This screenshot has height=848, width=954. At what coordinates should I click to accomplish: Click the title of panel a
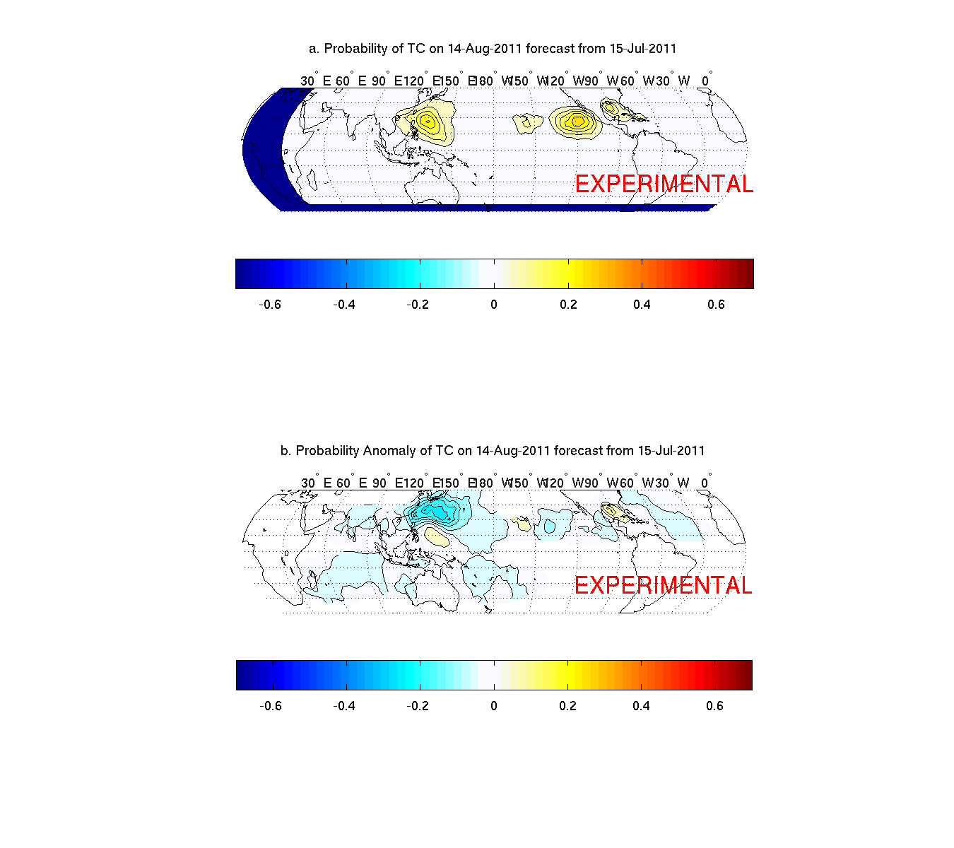(x=493, y=49)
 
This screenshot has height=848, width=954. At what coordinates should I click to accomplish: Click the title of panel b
(x=493, y=451)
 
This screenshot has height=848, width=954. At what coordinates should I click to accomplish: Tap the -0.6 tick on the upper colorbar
(x=270, y=305)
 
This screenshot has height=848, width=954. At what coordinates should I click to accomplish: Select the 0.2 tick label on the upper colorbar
(x=568, y=305)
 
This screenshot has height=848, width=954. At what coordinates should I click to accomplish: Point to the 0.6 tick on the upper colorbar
(x=716, y=305)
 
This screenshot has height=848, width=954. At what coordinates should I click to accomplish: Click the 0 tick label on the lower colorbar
(x=494, y=706)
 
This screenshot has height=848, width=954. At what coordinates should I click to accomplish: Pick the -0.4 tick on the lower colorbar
(x=344, y=706)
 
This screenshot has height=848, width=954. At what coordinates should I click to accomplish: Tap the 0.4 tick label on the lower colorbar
(x=641, y=706)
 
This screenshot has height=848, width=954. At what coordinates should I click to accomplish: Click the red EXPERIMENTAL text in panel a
(x=664, y=184)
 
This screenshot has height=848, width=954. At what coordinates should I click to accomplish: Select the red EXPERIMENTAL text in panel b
(x=664, y=585)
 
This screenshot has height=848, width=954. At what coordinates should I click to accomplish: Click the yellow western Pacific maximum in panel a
(x=427, y=122)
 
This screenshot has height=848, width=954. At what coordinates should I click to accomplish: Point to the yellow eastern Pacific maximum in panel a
(x=578, y=122)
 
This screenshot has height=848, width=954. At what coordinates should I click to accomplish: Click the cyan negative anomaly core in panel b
(x=432, y=510)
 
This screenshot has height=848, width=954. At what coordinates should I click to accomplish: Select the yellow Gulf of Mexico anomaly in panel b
(x=609, y=510)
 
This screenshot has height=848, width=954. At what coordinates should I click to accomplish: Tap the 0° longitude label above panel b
(x=705, y=483)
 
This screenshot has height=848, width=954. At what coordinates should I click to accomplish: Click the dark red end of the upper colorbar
(x=749, y=273)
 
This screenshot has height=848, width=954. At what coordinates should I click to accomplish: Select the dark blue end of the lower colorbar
(x=241, y=675)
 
